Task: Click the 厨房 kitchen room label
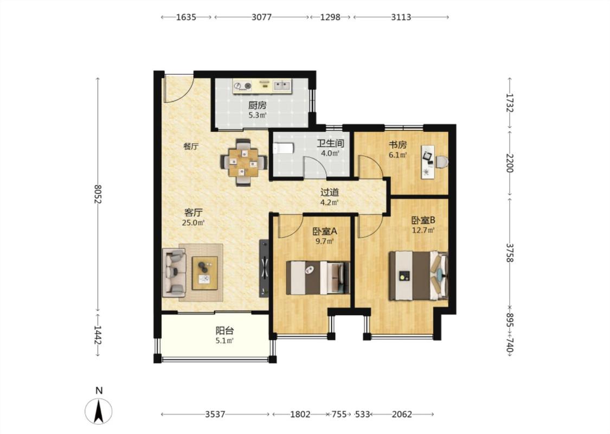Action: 258,105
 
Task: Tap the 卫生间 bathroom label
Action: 330,143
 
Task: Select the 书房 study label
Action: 398,145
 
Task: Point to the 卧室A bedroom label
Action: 325,231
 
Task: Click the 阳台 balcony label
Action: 225,331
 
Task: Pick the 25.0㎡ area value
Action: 194,223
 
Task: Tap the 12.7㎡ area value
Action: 423,230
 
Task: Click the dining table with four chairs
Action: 243,162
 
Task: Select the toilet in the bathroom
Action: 282,148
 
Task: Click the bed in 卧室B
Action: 419,276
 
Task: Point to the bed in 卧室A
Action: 318,278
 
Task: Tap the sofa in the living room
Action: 174,271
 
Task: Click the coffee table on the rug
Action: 204,273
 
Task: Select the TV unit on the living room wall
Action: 264,268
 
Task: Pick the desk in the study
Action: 428,162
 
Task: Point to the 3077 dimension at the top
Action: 261,17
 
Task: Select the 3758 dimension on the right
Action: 510,253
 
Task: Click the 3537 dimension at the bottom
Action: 215,414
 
